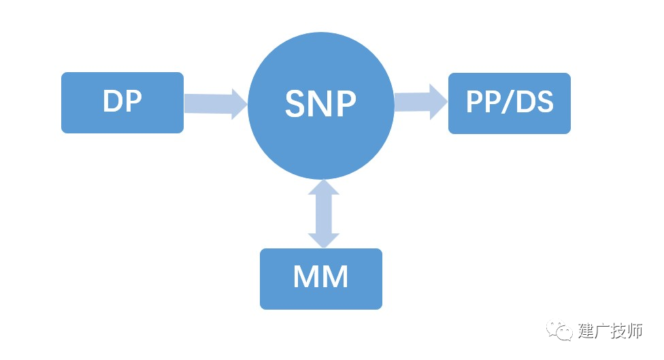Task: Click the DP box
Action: pos(122,103)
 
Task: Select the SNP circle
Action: pos(321,105)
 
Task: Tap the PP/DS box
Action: pos(510,103)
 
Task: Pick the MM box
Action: pos(321,279)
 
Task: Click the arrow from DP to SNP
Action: pos(216,103)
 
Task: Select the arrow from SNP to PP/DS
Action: pos(421,101)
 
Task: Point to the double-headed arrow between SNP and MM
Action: pos(324,214)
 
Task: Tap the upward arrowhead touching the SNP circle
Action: pos(324,186)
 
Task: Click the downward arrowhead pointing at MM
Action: pos(324,240)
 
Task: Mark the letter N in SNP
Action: pos(321,103)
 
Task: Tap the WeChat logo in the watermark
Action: pos(559,330)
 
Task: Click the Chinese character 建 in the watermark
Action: pos(586,330)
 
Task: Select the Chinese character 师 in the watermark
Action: pos(635,330)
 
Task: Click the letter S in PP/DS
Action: pos(544,101)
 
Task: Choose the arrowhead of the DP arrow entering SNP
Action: pos(239,104)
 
